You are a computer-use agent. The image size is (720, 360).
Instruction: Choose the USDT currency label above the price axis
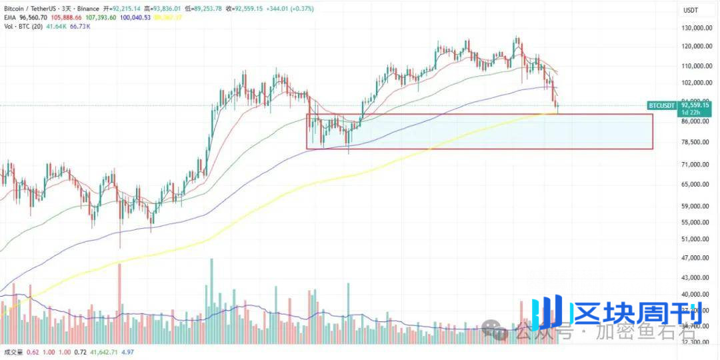pyautogui.click(x=691, y=10)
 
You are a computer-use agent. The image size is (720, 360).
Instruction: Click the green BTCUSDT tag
pyautogui.click(x=661, y=105)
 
